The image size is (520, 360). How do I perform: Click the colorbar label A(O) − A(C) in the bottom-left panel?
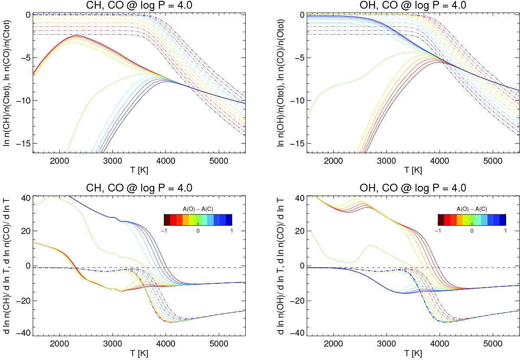[x=198, y=209]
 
